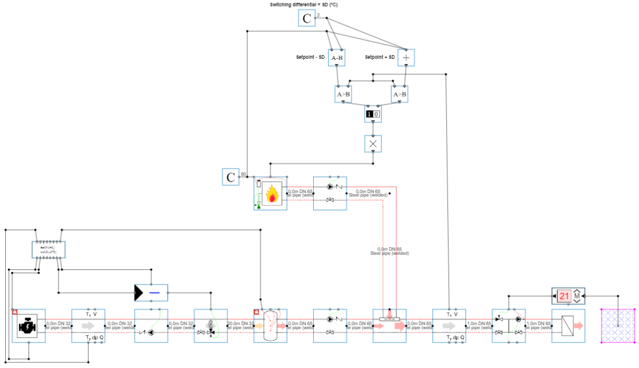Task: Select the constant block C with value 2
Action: click(307, 19)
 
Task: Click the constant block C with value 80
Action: click(231, 177)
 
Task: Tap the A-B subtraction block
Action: click(336, 58)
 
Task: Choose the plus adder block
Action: click(406, 58)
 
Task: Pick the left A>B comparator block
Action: click(343, 94)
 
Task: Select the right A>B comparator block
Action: click(400, 94)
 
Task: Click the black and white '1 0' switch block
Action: click(372, 115)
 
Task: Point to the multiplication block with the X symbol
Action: click(372, 144)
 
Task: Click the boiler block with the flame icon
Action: click(271, 194)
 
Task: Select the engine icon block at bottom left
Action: click(28, 326)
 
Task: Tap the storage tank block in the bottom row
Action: click(270, 326)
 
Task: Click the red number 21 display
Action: click(565, 296)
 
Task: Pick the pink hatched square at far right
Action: click(616, 326)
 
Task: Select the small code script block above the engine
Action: click(48, 250)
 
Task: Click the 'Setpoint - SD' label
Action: click(311, 57)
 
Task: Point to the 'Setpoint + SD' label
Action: click(380, 57)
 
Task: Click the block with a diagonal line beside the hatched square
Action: click(568, 326)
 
